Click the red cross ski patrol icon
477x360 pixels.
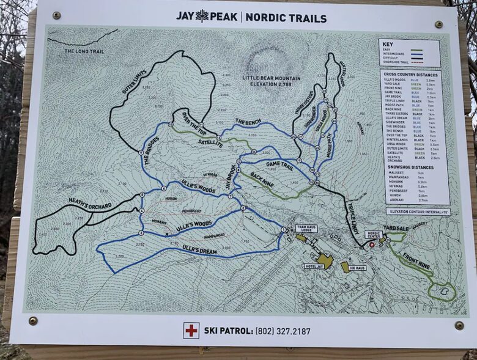191,330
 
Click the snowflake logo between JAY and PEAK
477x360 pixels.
202,16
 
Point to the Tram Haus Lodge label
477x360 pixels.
306,229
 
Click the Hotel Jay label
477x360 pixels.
316,266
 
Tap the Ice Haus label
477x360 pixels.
357,267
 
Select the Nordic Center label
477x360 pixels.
374,234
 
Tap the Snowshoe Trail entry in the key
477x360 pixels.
396,62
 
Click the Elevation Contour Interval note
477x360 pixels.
418,211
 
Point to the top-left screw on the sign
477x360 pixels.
57,15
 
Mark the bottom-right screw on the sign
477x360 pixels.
459,325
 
